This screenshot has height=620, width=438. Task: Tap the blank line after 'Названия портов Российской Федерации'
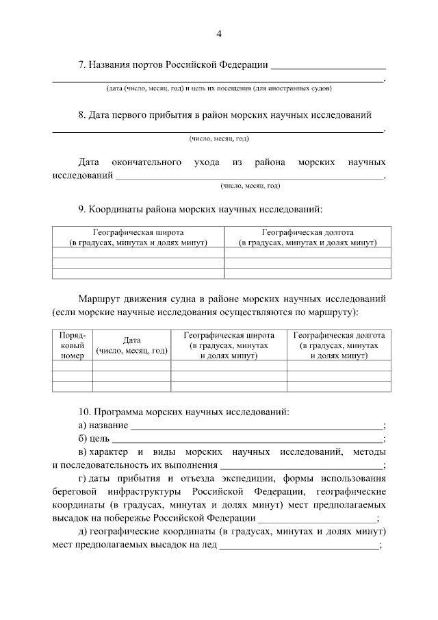328,67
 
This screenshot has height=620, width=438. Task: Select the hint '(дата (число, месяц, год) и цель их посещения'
218,88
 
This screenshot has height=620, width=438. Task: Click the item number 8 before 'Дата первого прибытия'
81,115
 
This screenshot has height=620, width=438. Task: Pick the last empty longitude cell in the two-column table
308,273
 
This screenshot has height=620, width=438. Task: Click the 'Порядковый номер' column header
72,346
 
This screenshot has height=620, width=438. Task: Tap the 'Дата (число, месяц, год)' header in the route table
131,346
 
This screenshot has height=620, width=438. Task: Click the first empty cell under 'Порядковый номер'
72,366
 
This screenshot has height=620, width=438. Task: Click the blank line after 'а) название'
257,427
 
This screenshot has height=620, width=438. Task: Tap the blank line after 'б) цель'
246,440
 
